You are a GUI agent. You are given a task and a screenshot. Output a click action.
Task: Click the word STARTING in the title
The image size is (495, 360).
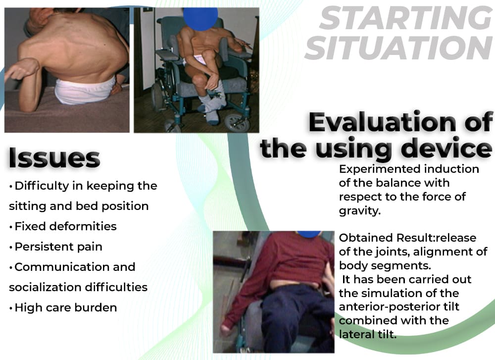click(x=406, y=18)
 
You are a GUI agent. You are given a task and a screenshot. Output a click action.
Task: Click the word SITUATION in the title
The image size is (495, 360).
click(x=399, y=48)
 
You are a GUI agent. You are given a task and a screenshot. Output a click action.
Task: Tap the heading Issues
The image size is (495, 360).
click(x=54, y=158)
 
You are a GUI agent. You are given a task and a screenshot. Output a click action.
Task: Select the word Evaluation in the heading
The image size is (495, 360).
click(x=382, y=122)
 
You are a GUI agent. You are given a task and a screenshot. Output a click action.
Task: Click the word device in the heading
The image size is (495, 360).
click(x=448, y=149)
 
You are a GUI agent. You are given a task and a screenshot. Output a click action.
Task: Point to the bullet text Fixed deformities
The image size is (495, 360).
click(x=66, y=226)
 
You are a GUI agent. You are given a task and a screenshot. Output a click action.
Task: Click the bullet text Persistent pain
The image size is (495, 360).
click(x=58, y=247)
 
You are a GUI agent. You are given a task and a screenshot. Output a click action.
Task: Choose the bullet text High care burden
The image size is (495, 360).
click(x=66, y=308)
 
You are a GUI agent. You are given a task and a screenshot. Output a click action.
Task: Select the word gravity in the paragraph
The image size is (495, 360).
click(x=359, y=210)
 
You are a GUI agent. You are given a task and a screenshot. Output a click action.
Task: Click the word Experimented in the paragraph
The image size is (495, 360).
click(x=380, y=169)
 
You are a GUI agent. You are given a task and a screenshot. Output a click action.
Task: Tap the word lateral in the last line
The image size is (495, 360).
click(x=357, y=334)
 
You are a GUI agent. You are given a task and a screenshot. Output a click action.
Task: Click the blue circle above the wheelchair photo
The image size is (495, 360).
click(x=200, y=18)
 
